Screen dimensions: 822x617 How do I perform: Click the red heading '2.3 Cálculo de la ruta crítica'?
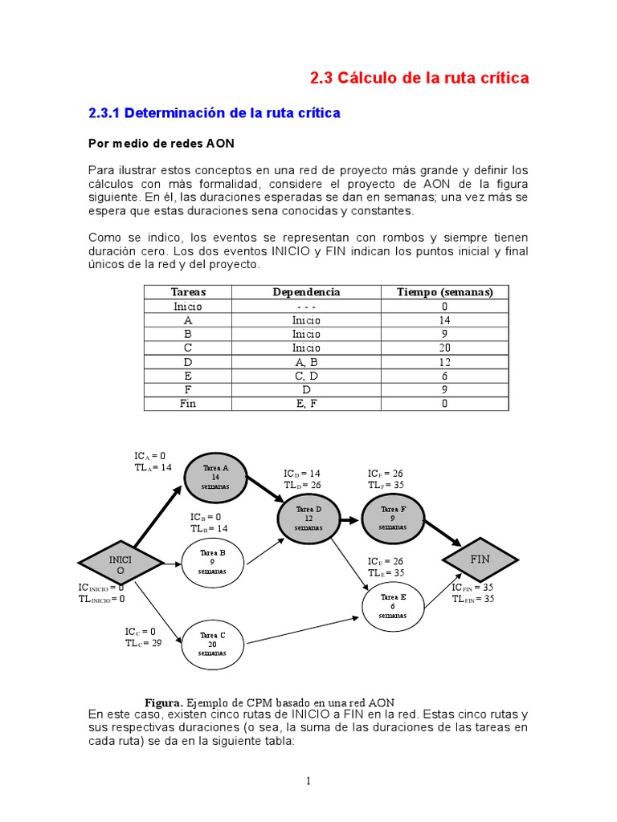pos(419,78)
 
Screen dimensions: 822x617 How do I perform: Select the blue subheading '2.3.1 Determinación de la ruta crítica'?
pos(215,113)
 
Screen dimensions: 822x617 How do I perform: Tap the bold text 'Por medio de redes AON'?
pos(161,143)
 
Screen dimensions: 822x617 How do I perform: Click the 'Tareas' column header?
pos(189,292)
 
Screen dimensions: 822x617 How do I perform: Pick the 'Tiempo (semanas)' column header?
pos(444,292)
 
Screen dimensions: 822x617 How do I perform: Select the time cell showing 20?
pos(444,348)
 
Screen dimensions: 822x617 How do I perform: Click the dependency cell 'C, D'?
pos(306,376)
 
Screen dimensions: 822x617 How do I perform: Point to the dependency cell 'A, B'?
pos(306,362)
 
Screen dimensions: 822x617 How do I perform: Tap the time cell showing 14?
pos(444,320)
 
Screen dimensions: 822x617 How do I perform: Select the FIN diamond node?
pos(480,559)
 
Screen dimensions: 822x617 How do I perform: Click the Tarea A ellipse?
pos(215,477)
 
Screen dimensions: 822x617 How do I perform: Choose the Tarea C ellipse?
pos(212,645)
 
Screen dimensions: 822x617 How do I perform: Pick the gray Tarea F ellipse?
pos(392,519)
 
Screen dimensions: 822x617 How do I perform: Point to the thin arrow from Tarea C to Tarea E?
pos(301,630)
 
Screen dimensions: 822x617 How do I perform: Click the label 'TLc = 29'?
pos(143,643)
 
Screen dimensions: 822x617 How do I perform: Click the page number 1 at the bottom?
pos(308,781)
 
